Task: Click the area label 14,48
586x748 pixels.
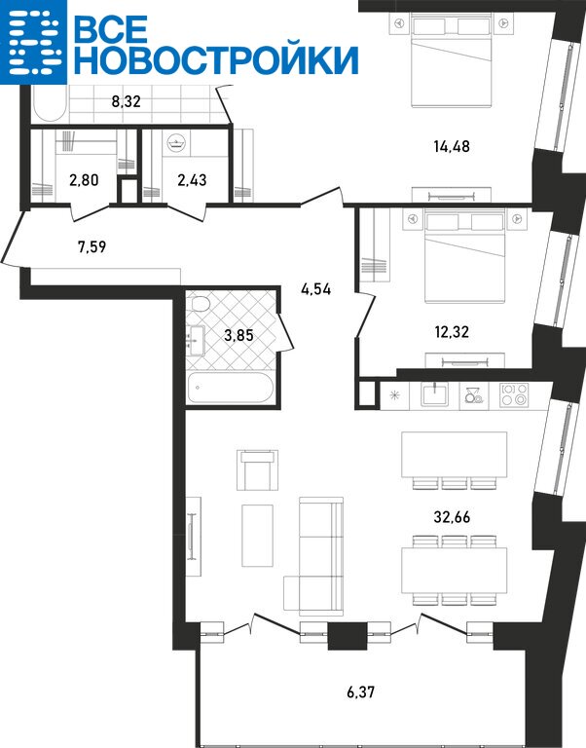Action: tap(452, 146)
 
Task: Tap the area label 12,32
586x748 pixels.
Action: tap(452, 331)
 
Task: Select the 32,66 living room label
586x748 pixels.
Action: tap(452, 516)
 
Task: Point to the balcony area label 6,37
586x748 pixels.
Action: tap(360, 692)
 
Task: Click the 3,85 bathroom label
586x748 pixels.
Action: tap(238, 335)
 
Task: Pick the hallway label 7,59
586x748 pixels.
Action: tap(92, 247)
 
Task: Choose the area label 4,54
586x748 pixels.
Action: tap(315, 289)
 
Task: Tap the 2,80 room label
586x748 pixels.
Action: tap(84, 180)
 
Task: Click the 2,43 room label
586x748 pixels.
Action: tap(192, 180)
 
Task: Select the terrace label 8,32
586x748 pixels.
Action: tap(126, 101)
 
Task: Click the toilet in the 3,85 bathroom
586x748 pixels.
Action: tap(200, 304)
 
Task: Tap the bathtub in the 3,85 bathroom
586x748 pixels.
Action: tap(230, 388)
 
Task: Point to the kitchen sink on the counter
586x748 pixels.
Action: tap(434, 395)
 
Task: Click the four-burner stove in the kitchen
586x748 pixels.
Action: tap(514, 395)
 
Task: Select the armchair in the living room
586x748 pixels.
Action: tap(258, 469)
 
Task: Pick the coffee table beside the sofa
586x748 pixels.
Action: tap(258, 536)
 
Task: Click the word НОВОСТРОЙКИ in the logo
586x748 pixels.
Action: tap(216, 60)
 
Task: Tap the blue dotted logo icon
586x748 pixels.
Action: tap(33, 42)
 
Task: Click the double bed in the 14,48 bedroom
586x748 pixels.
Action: tap(451, 60)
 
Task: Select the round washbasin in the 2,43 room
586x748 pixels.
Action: tap(177, 142)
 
